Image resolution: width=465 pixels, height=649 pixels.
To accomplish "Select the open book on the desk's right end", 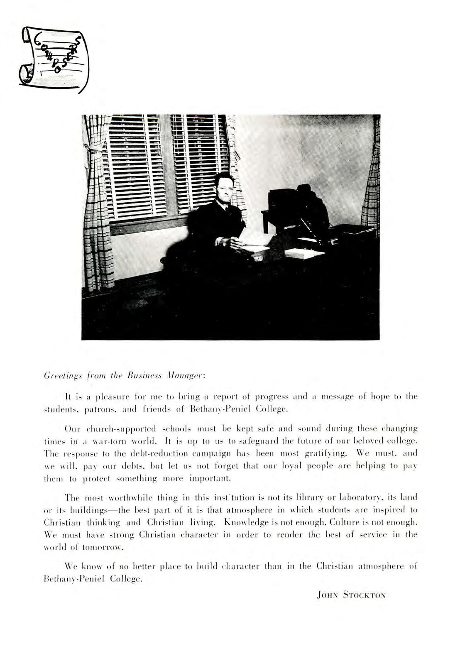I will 304,253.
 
